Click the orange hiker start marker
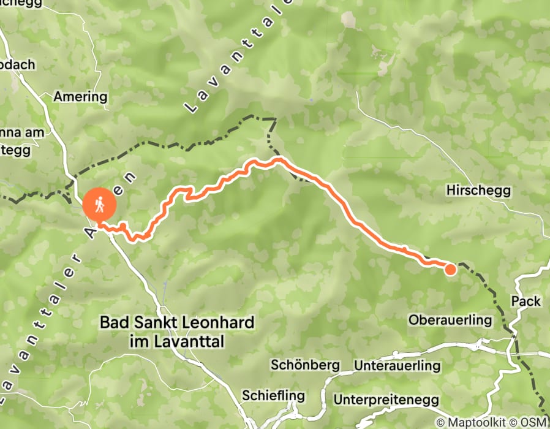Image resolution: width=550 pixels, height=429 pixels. pyautogui.click(x=99, y=205)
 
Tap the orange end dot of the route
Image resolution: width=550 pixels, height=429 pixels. pyautogui.click(x=450, y=269)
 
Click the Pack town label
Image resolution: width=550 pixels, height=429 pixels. pyautogui.click(x=526, y=301)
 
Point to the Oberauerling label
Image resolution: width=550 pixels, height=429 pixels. pyautogui.click(x=450, y=320)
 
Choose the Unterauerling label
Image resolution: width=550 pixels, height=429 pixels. pyautogui.click(x=397, y=366)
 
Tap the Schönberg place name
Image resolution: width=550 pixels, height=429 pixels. pyautogui.click(x=305, y=365)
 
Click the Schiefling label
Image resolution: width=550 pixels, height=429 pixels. pyautogui.click(x=273, y=395)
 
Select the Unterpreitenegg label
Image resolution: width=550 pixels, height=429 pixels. pyautogui.click(x=386, y=400)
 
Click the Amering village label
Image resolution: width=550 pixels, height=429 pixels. pyautogui.click(x=80, y=97)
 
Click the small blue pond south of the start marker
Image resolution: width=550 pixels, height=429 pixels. pyautogui.click(x=165, y=286)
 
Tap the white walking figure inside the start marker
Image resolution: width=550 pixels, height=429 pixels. pyautogui.click(x=99, y=203)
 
